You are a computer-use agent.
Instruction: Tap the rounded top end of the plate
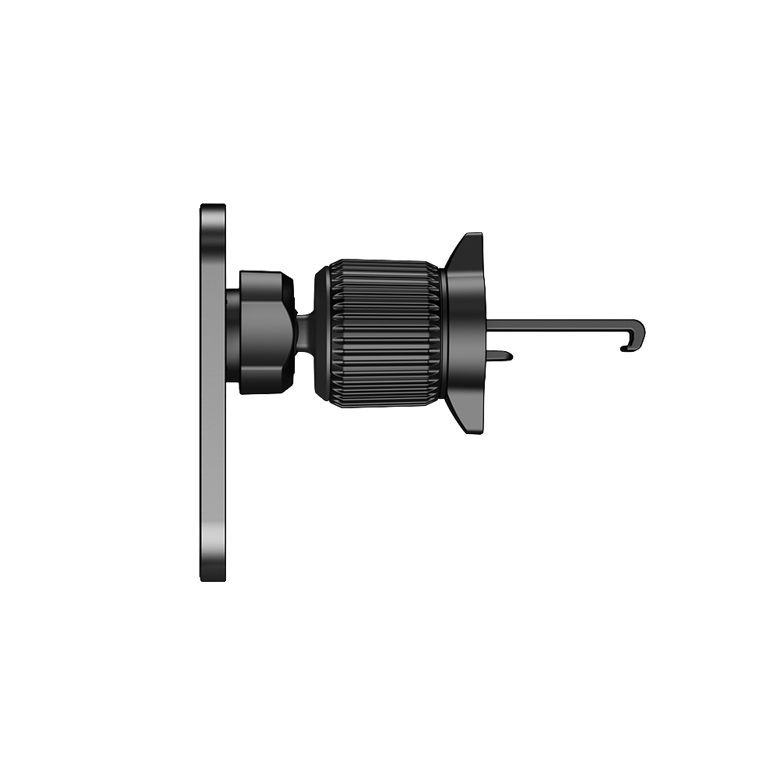pyautogui.click(x=213, y=210)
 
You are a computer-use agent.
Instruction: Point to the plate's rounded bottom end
pyautogui.click(x=213, y=575)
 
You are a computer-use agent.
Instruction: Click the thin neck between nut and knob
pyautogui.click(x=305, y=332)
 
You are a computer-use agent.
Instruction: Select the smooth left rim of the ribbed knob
pyautogui.click(x=321, y=332)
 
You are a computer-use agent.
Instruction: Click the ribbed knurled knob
pyautogui.click(x=383, y=332)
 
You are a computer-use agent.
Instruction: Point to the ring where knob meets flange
pyautogui.click(x=442, y=332)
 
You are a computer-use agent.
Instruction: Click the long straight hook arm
pyautogui.click(x=563, y=323)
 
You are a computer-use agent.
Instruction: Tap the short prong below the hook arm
pyautogui.click(x=500, y=356)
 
